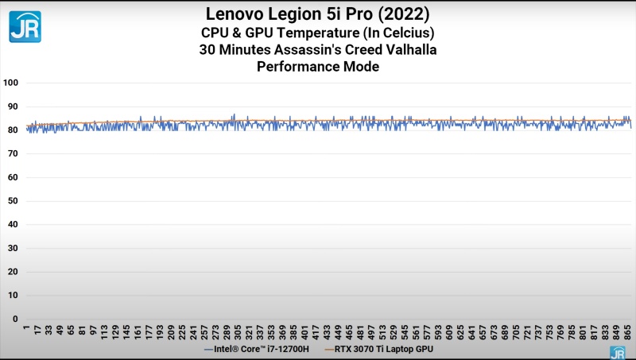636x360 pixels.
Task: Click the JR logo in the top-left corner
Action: [x=25, y=25]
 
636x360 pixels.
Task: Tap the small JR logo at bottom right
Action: [x=617, y=352]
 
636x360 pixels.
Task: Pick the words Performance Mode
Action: [x=317, y=67]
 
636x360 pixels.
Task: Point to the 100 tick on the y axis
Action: [x=10, y=83]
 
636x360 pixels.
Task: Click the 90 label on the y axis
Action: [x=12, y=106]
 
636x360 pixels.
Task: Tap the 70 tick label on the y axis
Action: [x=12, y=153]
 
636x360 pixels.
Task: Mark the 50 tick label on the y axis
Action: [x=12, y=201]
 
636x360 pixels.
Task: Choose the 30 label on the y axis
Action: [x=12, y=248]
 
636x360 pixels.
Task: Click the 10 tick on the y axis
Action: [x=12, y=296]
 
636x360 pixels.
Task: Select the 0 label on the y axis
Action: [x=14, y=319]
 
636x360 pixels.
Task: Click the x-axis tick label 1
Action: [x=27, y=329]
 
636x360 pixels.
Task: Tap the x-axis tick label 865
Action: [x=626, y=333]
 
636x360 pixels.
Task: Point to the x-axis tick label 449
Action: [x=337, y=333]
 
